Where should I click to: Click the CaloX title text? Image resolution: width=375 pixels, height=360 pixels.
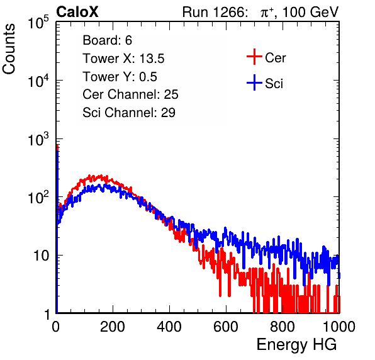point(77,12)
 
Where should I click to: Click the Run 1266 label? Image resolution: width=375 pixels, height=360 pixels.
point(215,12)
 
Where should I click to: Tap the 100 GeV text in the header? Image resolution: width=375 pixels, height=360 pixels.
point(311,12)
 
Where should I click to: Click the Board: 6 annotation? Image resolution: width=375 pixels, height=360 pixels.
point(107,40)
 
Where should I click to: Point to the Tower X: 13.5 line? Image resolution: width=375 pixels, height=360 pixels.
point(123,59)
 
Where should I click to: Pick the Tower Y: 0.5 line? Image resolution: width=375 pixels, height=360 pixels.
point(120,77)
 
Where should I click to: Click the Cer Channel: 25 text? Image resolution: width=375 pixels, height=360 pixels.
point(130,94)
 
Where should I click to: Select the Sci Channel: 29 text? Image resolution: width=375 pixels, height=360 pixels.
point(129,113)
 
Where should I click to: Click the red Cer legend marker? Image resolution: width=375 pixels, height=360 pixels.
point(254,57)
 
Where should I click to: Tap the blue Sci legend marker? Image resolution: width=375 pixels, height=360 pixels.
point(254,83)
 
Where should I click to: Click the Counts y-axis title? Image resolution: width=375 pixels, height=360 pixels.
point(9,48)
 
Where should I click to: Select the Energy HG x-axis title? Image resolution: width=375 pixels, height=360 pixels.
point(296,344)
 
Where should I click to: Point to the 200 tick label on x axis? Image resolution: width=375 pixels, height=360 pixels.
point(113,327)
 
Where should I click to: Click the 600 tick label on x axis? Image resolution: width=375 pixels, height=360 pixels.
point(226,327)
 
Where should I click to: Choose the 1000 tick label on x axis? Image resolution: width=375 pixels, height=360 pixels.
point(339,327)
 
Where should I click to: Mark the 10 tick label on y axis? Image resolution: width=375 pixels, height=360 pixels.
point(42,256)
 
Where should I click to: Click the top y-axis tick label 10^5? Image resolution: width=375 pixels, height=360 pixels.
point(38,23)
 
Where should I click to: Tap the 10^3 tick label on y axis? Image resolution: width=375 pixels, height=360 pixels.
point(38,139)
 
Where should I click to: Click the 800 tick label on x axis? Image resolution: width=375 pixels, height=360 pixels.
point(283,327)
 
